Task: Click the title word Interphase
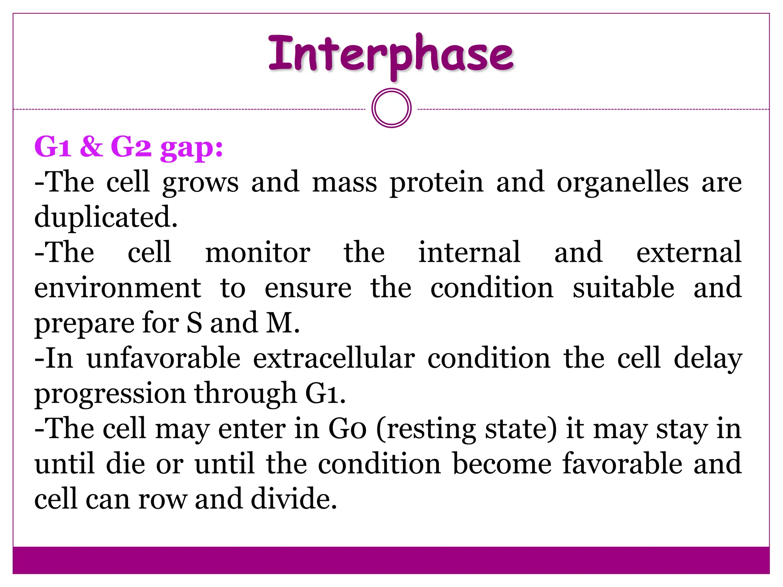[391, 54]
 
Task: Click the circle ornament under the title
[391, 108]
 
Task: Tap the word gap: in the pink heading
[192, 148]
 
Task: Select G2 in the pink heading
[131, 147]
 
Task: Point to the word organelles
[622, 183]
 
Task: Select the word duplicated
[106, 217]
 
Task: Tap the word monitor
[258, 253]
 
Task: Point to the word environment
[117, 288]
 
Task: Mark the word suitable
[623, 288]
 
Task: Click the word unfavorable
[164, 358]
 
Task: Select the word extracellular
[334, 358]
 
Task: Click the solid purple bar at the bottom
[391, 560]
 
